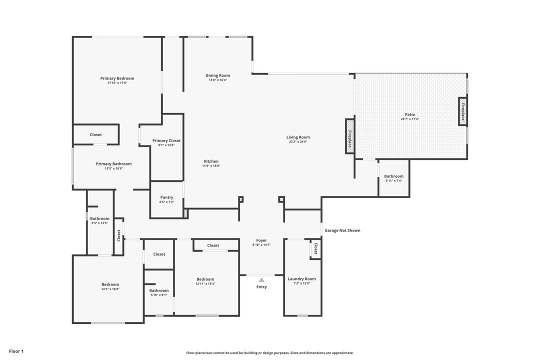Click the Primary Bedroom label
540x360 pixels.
[x=117, y=78]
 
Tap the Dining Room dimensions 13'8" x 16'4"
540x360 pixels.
[x=217, y=80]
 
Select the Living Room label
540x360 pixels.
[x=298, y=137]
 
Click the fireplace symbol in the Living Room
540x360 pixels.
[x=349, y=136]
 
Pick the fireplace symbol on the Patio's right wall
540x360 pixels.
[x=462, y=111]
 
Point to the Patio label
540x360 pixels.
[x=409, y=114]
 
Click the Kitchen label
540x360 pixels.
[x=211, y=161]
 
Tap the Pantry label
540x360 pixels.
[x=166, y=197]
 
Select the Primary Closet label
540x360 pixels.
[x=166, y=140]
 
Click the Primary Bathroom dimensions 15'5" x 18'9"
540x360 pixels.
[x=113, y=168]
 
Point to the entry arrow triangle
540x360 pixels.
[x=261, y=280]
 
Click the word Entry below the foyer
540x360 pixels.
[x=261, y=287]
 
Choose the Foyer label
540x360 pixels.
[x=261, y=240]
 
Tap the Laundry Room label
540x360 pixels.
[x=301, y=279]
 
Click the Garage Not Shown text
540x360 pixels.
[x=342, y=230]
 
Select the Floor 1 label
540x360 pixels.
[x=16, y=351]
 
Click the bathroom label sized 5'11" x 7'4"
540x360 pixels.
[x=393, y=176]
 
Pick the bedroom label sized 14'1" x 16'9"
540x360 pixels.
[x=110, y=284]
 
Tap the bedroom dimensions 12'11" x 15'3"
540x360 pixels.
[x=205, y=283]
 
